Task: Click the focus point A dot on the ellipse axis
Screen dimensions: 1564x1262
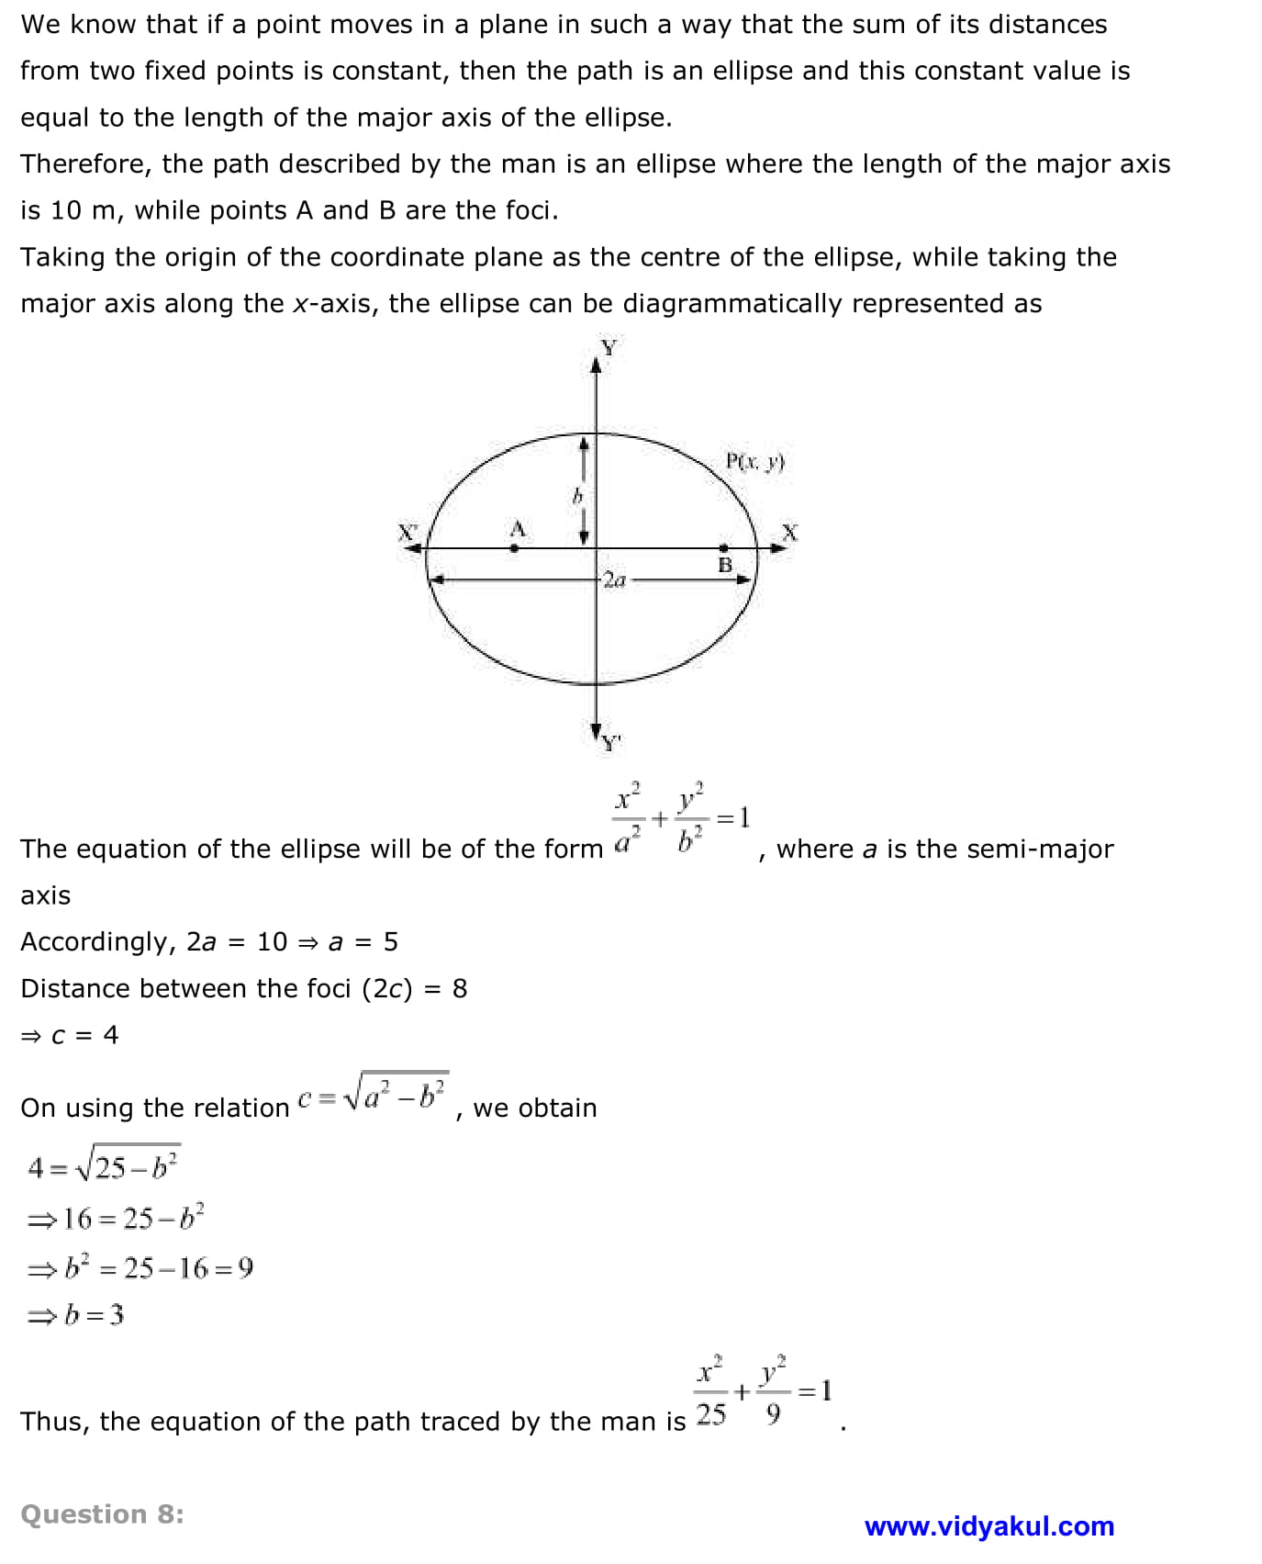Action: (x=514, y=548)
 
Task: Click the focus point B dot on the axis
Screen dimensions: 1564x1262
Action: (x=723, y=548)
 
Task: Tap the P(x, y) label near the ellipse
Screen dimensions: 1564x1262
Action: (x=754, y=461)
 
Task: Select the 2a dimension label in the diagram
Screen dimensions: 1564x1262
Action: (x=614, y=579)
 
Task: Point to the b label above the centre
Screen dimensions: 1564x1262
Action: (x=577, y=497)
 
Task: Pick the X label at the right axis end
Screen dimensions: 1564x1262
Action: (x=789, y=533)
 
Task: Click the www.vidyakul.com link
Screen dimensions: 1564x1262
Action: (x=988, y=1526)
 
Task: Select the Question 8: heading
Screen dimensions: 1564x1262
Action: (x=102, y=1514)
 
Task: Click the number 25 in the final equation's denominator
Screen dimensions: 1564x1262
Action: (x=710, y=1414)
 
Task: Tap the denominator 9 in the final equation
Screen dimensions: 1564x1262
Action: (x=773, y=1414)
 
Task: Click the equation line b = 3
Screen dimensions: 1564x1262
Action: (x=76, y=1315)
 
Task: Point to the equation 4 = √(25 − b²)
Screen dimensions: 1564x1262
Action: (x=103, y=1166)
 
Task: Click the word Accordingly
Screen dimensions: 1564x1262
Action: (x=94, y=942)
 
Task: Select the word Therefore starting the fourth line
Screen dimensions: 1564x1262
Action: (x=83, y=164)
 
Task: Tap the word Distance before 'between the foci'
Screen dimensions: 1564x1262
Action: (x=73, y=989)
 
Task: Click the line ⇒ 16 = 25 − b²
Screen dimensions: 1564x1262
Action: (x=116, y=1218)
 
